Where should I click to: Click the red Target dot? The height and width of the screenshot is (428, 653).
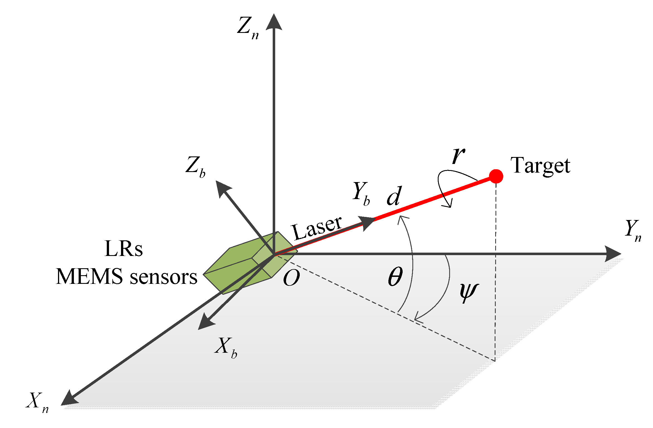click(496, 176)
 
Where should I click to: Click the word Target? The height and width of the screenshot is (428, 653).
click(540, 166)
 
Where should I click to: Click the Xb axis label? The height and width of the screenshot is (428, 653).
click(225, 347)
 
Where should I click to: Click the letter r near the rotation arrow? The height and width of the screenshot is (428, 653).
click(458, 155)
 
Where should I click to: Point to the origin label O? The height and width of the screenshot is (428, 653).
click(291, 278)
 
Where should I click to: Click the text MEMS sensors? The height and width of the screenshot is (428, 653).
click(127, 277)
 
